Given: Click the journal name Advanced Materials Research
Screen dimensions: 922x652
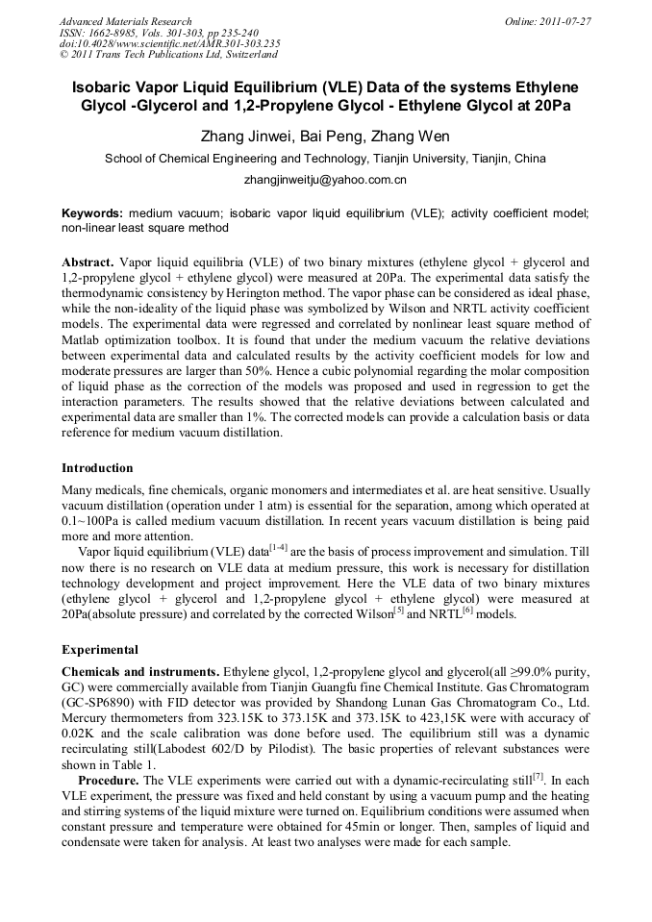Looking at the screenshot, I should (x=125, y=21).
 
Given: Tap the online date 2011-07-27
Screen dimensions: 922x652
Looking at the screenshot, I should (x=562, y=21).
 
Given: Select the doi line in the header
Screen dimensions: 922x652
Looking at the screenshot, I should (x=169, y=43).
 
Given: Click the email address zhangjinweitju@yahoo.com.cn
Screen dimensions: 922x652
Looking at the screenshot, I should (x=325, y=180).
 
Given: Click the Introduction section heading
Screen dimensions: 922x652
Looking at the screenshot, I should (x=97, y=468).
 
